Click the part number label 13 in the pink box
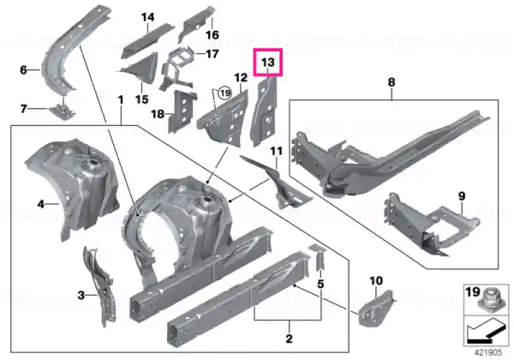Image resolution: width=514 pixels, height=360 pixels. tap(267, 62)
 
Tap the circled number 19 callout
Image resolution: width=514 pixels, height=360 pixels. tap(224, 93)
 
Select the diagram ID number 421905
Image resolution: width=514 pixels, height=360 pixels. tap(488, 352)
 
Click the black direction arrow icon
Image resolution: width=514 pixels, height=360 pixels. tap(485, 332)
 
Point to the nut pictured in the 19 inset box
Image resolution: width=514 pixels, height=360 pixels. tap(490, 301)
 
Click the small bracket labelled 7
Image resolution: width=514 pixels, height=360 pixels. tap(63, 111)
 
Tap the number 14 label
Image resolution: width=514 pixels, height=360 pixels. tap(148, 17)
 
